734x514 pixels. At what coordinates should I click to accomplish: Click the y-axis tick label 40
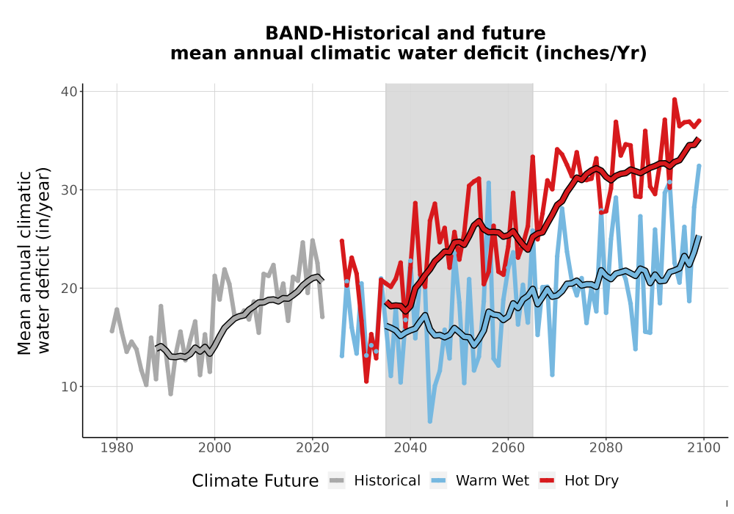68,91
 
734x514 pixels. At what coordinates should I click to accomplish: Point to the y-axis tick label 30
68,189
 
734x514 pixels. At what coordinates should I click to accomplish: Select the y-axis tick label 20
68,288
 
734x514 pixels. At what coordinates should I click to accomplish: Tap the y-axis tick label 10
68,387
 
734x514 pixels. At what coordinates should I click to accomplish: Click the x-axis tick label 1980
117,448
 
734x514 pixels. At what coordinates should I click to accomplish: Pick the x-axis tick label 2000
214,448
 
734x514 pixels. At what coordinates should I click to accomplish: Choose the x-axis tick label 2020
312,448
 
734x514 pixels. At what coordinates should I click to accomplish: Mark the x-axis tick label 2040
410,448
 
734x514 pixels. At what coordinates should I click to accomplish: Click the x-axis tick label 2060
508,448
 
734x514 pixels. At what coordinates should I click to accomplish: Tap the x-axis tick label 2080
606,448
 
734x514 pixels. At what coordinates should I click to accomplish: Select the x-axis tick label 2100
704,448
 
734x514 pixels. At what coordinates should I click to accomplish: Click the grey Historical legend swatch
337,481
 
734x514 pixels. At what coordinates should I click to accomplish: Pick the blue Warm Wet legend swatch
438,481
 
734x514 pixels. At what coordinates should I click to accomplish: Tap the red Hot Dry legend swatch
547,481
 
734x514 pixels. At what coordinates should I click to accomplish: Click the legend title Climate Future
255,481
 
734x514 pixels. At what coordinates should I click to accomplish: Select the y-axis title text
34,261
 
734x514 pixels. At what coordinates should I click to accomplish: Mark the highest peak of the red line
675,99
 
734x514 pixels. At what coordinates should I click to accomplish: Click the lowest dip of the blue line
429,421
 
